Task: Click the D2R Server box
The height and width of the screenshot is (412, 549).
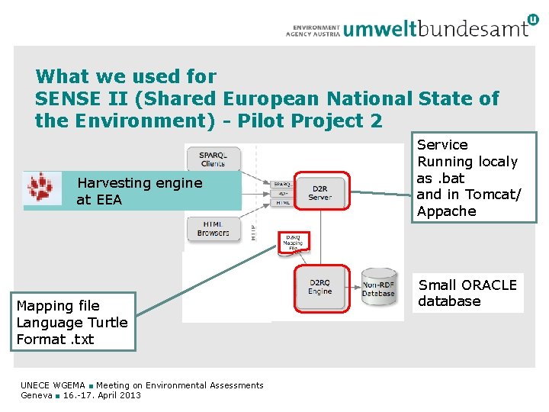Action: coord(320,192)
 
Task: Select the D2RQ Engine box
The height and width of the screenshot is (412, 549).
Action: coord(320,287)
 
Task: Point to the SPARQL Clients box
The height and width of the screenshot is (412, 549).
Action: coord(213,158)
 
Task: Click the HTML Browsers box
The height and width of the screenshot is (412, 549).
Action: coord(213,228)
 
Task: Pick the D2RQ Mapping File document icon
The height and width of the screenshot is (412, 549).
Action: coord(293,242)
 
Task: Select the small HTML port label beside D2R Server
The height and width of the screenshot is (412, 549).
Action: coord(281,202)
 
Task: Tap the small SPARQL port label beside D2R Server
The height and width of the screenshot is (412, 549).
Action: coord(281,185)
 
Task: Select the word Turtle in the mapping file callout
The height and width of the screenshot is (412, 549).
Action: coord(108,322)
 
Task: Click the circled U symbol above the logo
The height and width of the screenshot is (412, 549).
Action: coord(531,20)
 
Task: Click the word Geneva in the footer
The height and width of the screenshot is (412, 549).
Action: coord(37,395)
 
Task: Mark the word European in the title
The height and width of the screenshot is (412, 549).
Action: coord(271,98)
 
